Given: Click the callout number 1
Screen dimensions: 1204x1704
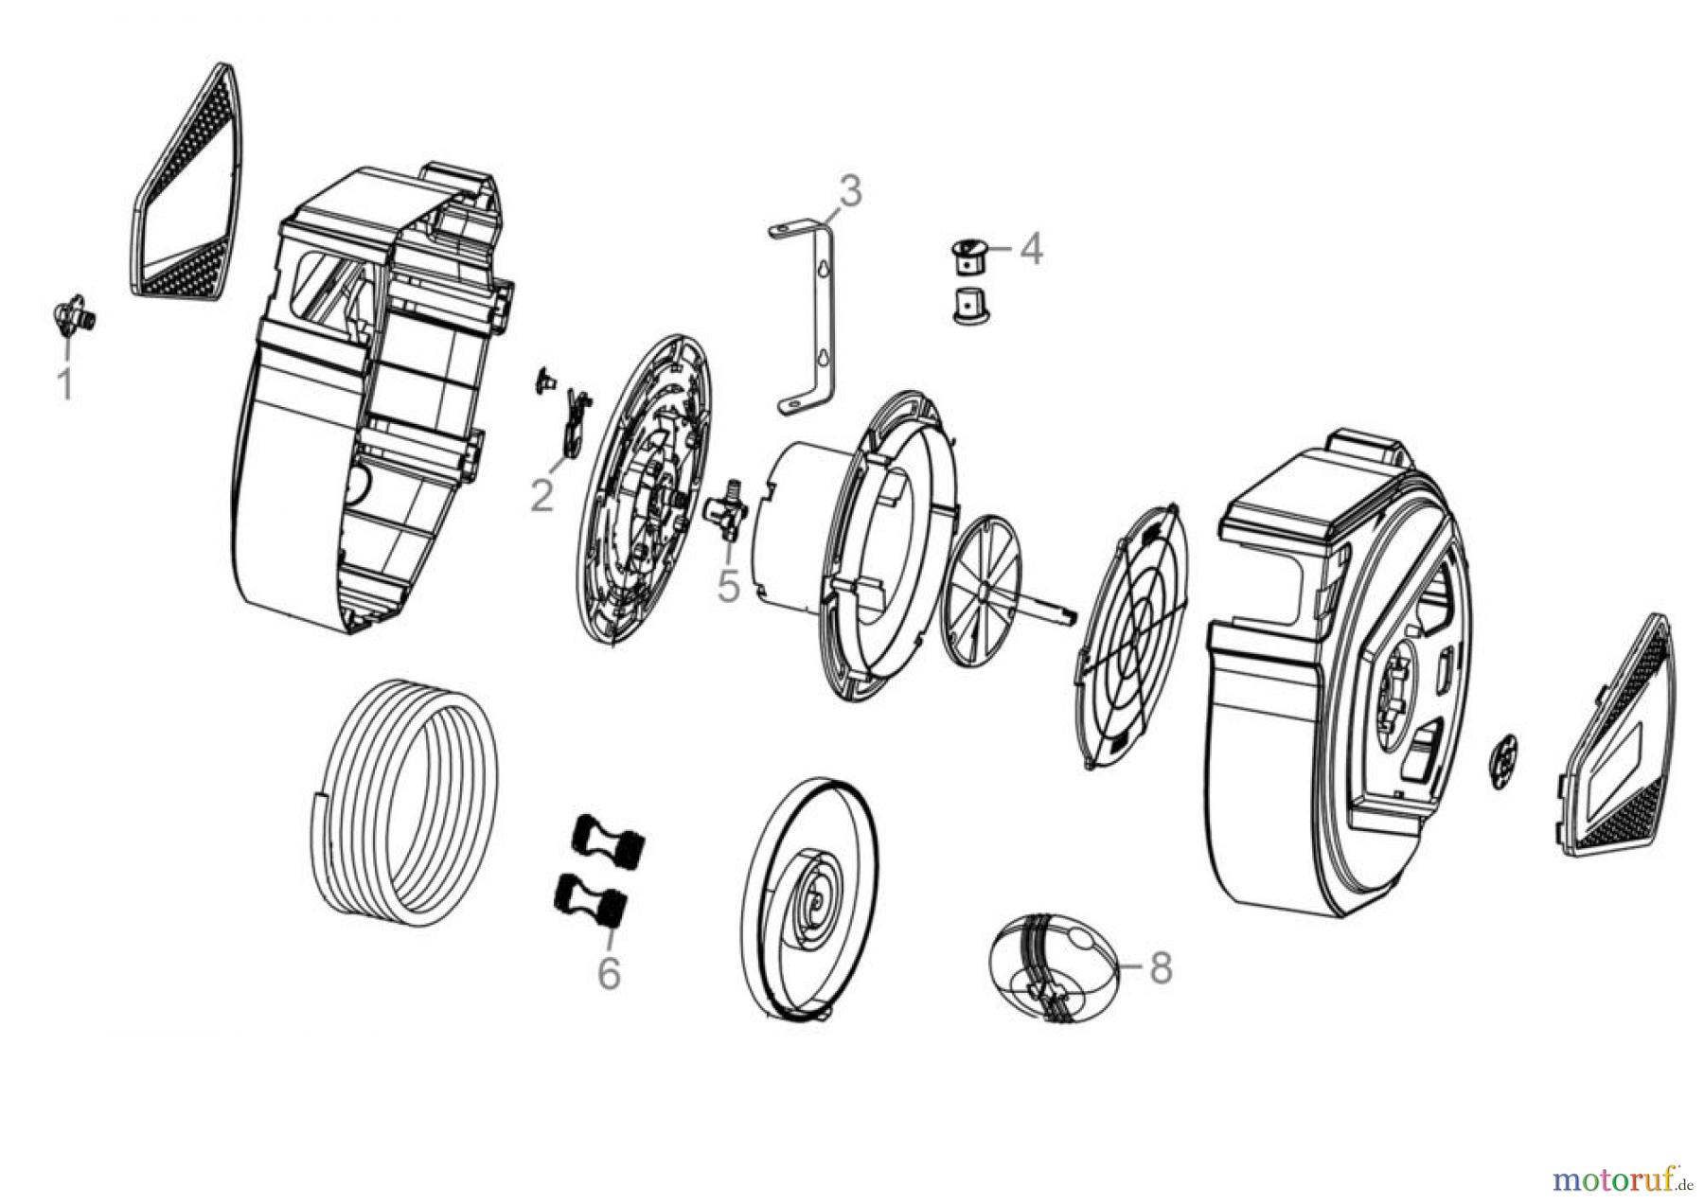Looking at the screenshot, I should (x=64, y=384).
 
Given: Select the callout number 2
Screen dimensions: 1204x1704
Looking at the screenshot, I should (x=541, y=494).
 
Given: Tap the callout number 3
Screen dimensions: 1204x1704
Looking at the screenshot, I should (x=851, y=191).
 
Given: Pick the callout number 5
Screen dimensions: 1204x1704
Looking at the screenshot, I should (x=727, y=586).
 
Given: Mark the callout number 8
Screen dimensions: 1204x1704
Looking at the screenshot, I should (x=1160, y=967).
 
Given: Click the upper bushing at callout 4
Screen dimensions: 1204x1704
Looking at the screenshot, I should (x=968, y=256).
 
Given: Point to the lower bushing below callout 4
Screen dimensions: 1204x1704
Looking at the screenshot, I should (x=968, y=305).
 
